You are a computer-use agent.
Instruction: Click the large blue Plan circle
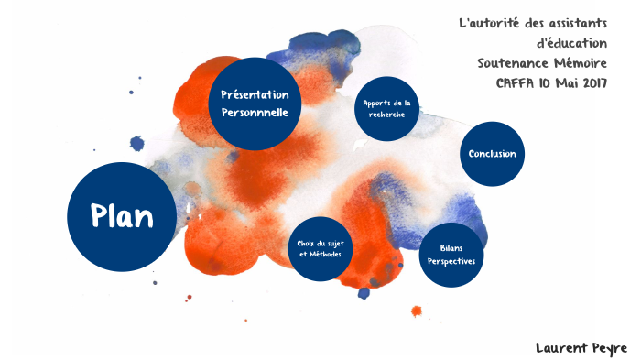click(121, 216)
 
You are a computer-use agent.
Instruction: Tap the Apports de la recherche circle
click(387, 108)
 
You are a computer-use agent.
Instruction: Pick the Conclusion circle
click(492, 154)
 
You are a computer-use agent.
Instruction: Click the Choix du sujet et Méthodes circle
click(320, 248)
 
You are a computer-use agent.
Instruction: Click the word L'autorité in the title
click(491, 22)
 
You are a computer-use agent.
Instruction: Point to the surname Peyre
click(606, 348)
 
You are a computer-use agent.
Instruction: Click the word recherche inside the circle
click(387, 115)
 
